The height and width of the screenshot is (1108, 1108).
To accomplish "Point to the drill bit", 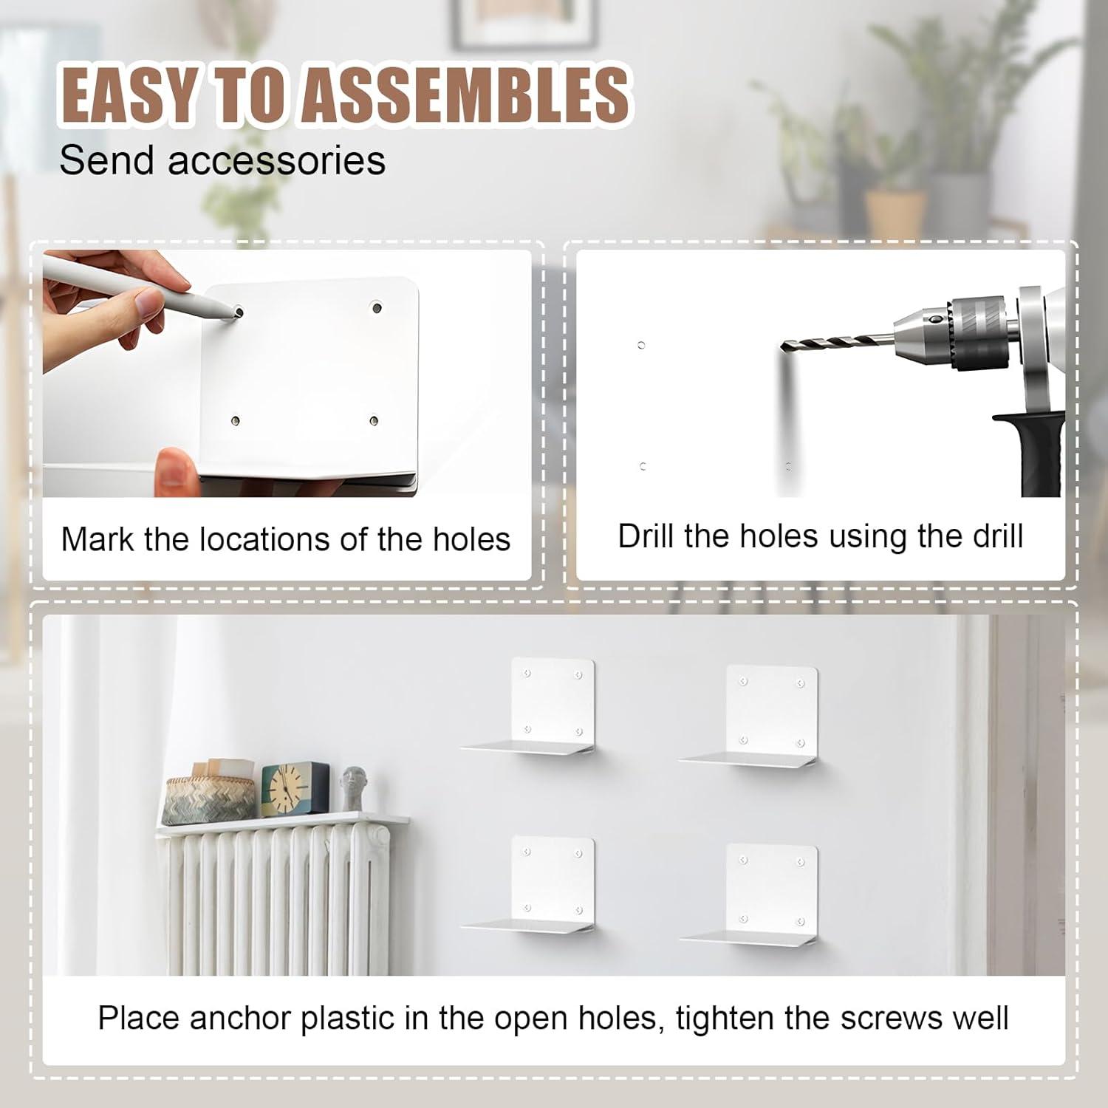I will point(835,344).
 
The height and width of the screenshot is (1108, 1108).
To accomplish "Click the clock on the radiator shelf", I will point(295,789).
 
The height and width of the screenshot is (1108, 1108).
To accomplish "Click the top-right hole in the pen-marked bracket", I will point(377,307).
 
